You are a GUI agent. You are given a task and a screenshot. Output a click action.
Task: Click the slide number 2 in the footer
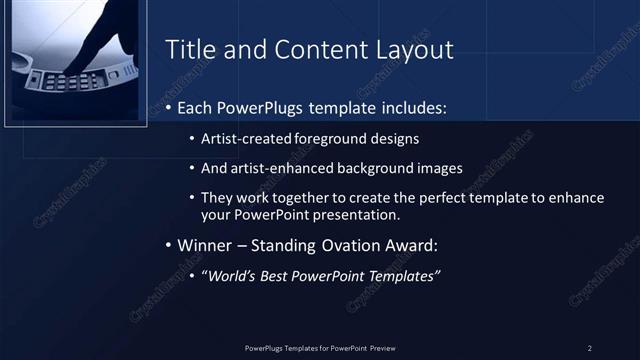[x=589, y=347]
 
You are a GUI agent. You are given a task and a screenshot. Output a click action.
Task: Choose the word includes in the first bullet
[x=416, y=106]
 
